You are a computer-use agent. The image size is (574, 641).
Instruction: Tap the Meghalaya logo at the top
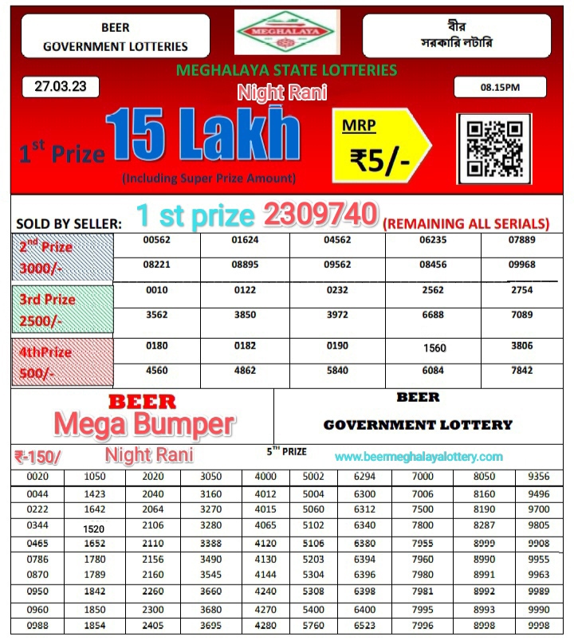click(x=287, y=32)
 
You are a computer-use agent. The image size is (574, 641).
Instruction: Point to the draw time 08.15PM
click(x=500, y=87)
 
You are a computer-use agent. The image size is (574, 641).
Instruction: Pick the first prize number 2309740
click(x=320, y=214)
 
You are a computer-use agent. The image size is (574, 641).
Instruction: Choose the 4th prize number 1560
click(x=434, y=348)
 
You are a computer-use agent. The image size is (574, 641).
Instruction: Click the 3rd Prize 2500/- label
click(x=49, y=309)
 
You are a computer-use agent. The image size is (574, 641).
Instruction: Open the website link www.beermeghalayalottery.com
click(x=419, y=457)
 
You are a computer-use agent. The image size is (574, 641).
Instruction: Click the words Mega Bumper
click(x=144, y=424)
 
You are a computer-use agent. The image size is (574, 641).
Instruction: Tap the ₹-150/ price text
click(x=37, y=457)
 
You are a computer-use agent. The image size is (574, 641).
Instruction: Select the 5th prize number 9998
click(x=539, y=625)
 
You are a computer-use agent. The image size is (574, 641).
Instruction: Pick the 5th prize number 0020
click(x=37, y=476)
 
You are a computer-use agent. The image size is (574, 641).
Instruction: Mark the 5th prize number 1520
click(x=95, y=529)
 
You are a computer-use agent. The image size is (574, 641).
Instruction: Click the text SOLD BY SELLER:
click(x=69, y=224)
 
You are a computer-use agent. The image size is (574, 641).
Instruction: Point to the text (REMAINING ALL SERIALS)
click(x=466, y=224)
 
